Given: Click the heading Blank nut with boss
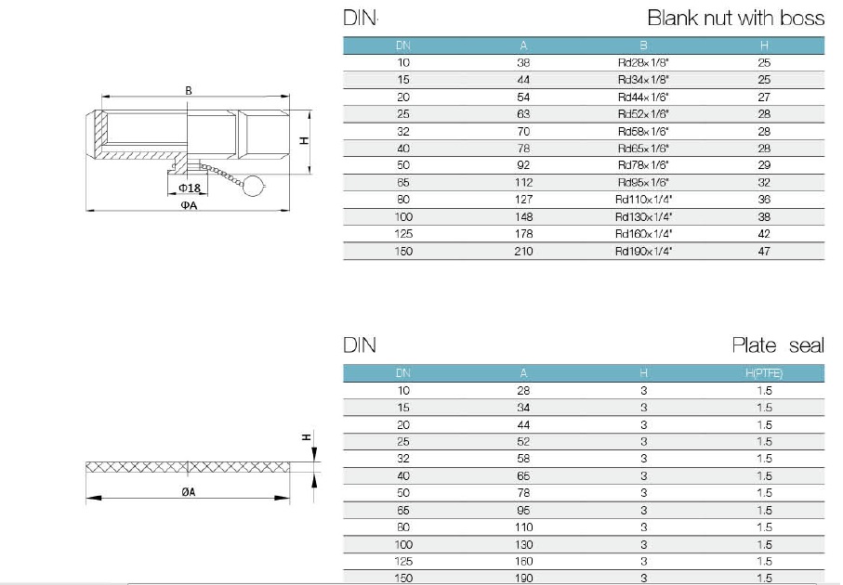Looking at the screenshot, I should [x=735, y=19].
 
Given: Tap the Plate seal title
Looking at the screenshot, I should [x=777, y=346].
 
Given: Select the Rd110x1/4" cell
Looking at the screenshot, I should [x=643, y=200].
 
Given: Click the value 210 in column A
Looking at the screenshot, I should [x=524, y=252].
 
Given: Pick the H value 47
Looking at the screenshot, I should [x=764, y=252].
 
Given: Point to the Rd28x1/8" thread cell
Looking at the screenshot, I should [x=643, y=62].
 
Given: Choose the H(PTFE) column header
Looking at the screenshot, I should [x=764, y=373].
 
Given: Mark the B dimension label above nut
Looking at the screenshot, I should [x=188, y=90].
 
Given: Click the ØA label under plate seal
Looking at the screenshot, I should [x=188, y=492].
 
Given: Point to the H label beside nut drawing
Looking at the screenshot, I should [x=303, y=141].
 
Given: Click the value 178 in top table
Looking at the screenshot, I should [x=524, y=234].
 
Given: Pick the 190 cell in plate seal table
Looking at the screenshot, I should [x=524, y=578].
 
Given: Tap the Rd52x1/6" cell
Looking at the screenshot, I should [x=643, y=114].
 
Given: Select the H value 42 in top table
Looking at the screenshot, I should [x=764, y=234].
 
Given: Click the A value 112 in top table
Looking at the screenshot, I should [x=524, y=183].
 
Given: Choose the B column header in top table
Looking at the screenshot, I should [x=643, y=45].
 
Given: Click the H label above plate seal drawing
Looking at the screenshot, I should [x=305, y=436].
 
